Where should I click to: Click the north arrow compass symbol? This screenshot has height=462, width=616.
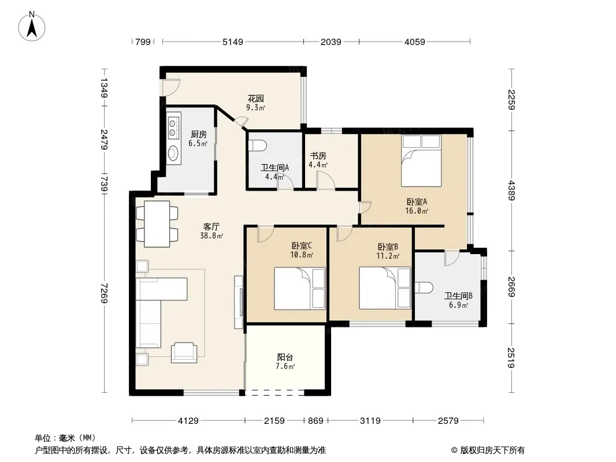pos(32,27)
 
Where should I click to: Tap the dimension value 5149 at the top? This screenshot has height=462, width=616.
pos(233,42)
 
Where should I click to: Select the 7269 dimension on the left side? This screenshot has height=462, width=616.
pos(104,293)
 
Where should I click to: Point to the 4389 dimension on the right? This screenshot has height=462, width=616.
pos(511,191)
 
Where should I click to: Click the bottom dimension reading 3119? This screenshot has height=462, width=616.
pos(370,421)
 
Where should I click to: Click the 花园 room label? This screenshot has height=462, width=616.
pos(255,99)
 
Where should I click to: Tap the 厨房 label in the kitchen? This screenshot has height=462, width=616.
pos(198,135)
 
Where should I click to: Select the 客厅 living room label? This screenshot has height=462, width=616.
pos(211,226)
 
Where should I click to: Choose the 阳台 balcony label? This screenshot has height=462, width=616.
pos(285,357)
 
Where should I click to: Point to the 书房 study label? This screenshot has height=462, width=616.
pos(317,156)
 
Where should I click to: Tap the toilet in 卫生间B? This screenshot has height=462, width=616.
pos(424,288)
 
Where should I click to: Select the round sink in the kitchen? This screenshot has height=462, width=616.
pos(173,153)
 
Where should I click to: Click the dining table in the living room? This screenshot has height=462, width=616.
pos(157,223)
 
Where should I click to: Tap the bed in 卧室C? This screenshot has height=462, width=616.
pos(300,289)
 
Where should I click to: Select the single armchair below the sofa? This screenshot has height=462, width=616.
pos(184,352)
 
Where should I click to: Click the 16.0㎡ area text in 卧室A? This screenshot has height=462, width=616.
pos(417,211)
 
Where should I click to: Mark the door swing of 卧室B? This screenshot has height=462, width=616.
pos(344,234)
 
